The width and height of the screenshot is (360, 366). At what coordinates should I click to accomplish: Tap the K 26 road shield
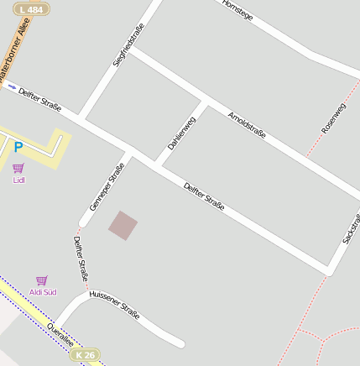tap(85, 355)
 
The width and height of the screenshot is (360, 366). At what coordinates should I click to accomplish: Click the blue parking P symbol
tap(18, 148)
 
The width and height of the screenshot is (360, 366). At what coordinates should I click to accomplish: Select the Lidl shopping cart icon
tap(18, 168)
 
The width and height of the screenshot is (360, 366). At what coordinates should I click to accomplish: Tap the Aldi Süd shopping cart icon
tap(42, 280)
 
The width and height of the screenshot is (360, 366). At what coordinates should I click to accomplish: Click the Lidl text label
tap(18, 180)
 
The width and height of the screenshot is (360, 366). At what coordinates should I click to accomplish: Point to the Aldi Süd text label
tap(43, 292)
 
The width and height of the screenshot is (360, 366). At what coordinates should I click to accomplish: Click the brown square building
tap(123, 225)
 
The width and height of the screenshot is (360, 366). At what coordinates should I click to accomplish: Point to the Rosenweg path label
tap(333, 118)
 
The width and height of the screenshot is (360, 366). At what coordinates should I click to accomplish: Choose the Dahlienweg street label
tap(181, 133)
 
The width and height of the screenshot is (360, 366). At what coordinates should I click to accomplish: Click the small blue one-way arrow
tap(12, 86)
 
